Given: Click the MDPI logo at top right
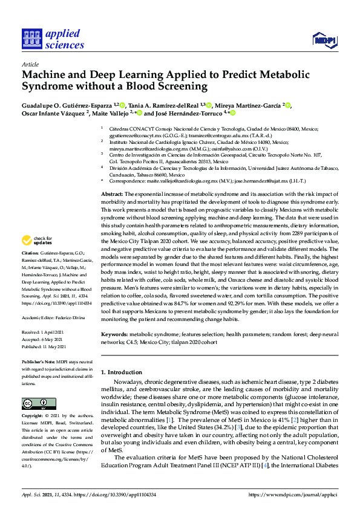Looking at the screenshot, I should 324,41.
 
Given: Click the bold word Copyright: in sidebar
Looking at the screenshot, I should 33,417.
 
